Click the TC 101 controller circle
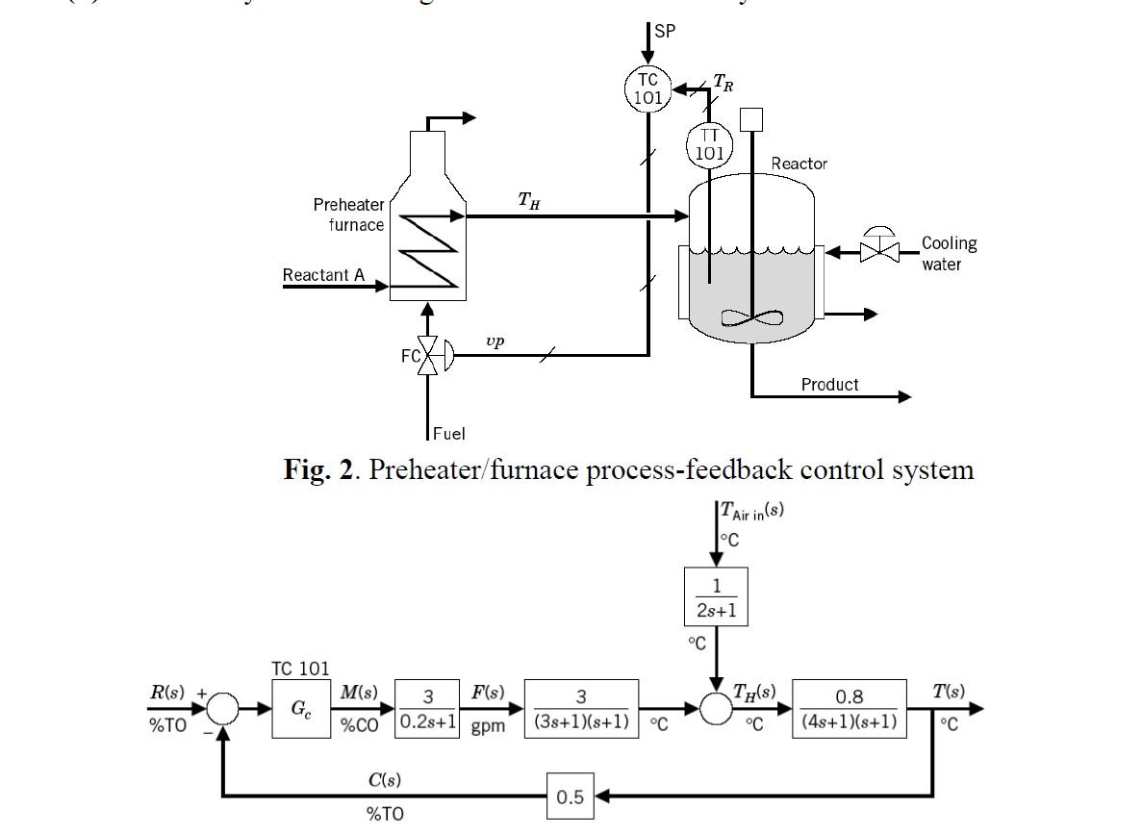(x=647, y=89)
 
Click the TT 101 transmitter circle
(x=709, y=145)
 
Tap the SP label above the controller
(x=665, y=31)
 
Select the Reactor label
(x=799, y=164)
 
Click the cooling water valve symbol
(x=878, y=251)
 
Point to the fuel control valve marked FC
(x=429, y=356)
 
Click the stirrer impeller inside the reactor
(x=749, y=318)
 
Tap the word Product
(x=829, y=384)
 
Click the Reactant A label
(x=323, y=275)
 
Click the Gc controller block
(x=300, y=709)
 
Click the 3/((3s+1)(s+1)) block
(x=581, y=709)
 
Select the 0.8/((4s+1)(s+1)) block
(x=850, y=709)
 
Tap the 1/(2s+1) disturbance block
(x=716, y=596)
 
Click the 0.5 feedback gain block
(x=570, y=796)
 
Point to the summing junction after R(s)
(x=222, y=709)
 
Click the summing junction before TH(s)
(x=716, y=709)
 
